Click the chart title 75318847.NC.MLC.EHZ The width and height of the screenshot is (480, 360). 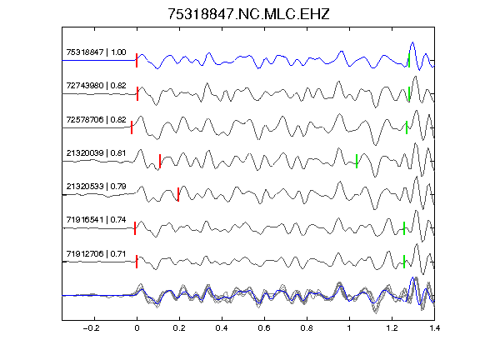coord(248,14)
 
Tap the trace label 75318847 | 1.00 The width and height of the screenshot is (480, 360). coord(96,52)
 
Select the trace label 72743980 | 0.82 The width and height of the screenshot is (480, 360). coord(96,86)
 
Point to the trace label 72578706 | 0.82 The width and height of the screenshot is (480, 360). coord(96,120)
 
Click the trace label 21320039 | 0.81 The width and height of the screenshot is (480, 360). coord(96,153)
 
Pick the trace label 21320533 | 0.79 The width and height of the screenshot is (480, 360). coord(96,187)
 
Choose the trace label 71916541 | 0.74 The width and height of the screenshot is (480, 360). coord(96,220)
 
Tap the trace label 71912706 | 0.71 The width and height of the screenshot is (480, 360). coord(96,254)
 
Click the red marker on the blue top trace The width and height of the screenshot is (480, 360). coord(137,60)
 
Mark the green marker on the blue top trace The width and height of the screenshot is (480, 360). coord(409,60)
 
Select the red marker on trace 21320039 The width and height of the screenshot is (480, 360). coord(160,161)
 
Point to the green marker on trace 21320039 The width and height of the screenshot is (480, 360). coord(357,161)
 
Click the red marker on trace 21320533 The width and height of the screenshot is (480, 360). coord(178,194)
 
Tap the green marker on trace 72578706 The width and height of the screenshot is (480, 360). coord(407,127)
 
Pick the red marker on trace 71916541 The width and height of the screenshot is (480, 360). coord(135,228)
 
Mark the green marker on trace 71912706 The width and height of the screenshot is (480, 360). coord(404,262)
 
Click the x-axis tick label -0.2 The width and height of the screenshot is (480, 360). coord(91,328)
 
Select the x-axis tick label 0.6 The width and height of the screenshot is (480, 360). coord(264,328)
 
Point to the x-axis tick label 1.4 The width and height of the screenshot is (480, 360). coord(435,328)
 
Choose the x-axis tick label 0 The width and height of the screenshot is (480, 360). coord(137,328)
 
